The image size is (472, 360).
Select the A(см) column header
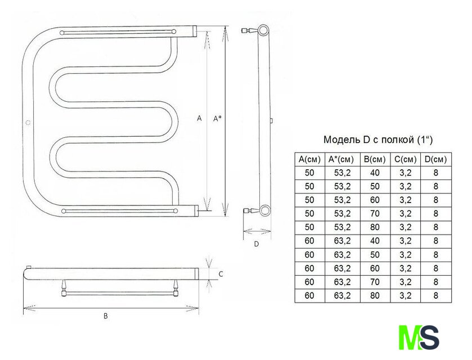point(309,159)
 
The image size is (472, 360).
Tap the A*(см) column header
point(342,159)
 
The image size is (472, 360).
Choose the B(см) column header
point(375,159)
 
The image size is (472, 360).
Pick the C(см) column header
point(406,159)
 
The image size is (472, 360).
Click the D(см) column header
point(435,159)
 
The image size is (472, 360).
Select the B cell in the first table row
point(375,173)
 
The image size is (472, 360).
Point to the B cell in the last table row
point(375,295)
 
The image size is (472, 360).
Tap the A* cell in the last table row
point(342,295)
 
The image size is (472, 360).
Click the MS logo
point(419,337)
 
